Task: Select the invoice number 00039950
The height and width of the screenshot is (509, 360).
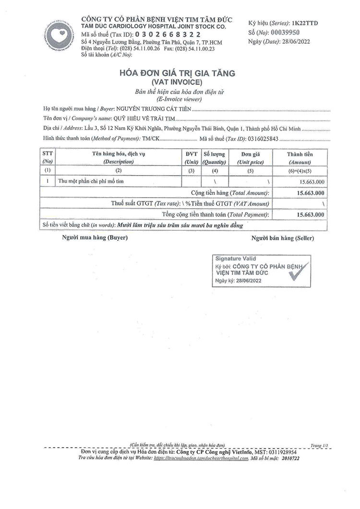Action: pos(286,32)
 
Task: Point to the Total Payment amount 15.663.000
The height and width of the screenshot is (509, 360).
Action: pos(310,214)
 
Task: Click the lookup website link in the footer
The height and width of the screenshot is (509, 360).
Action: pos(201,458)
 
